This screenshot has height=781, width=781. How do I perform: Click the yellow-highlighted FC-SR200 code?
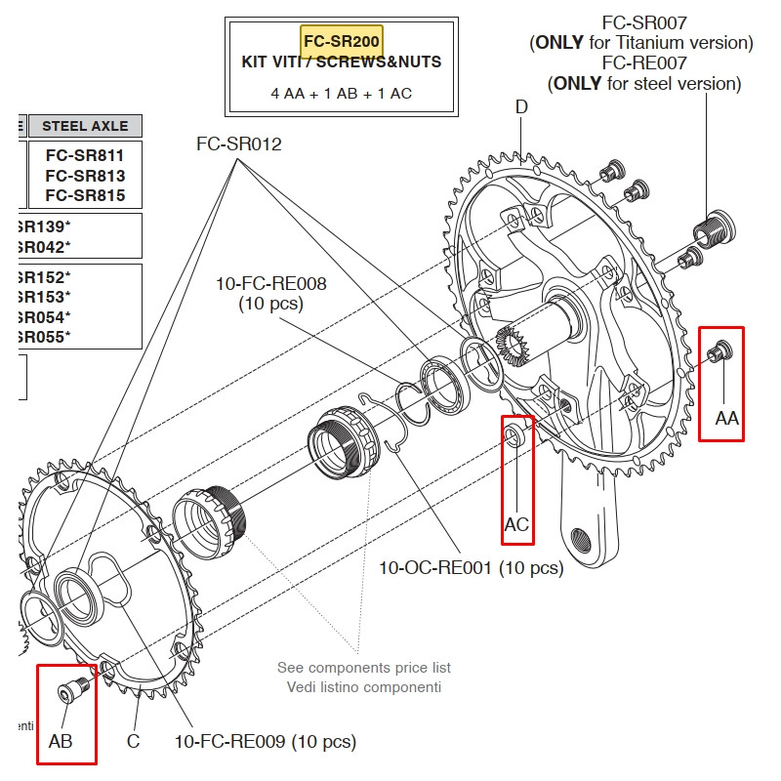coord(341,42)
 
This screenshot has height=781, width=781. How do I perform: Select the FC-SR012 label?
coord(239,144)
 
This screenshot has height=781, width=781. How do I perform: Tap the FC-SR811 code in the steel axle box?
coord(85,154)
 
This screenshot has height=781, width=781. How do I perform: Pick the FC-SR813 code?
coord(85,175)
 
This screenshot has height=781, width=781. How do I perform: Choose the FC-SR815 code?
coord(85,195)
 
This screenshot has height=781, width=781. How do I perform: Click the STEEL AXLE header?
coord(92,126)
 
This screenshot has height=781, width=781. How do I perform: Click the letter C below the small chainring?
coord(133,741)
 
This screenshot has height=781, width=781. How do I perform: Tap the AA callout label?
coord(727,418)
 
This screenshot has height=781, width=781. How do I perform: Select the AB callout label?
coord(61,741)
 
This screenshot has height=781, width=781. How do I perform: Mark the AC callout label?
coord(516,525)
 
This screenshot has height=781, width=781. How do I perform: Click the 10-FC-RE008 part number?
coord(271,284)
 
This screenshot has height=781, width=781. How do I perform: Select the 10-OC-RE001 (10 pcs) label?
coord(471,567)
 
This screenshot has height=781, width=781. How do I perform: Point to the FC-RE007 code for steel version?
coord(644,62)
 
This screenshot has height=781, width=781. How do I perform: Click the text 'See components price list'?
coord(363,668)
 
